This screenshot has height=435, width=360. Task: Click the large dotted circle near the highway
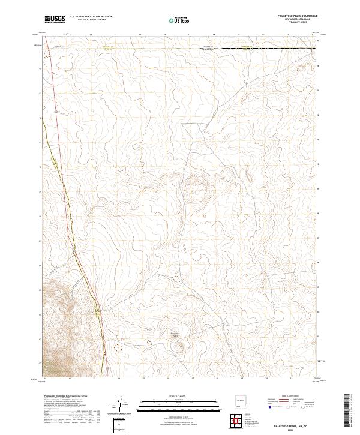(118, 347)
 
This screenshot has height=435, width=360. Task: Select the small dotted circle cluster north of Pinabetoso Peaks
(175, 278)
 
